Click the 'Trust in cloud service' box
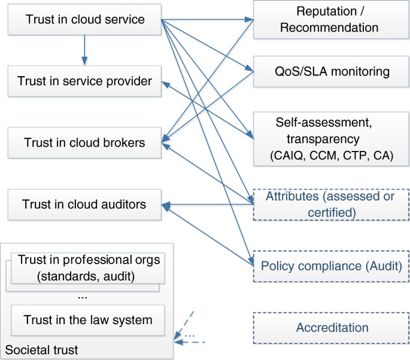point(84,19)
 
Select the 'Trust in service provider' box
point(84,81)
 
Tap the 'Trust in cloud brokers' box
point(84,143)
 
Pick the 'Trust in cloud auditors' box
point(84,205)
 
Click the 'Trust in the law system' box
point(87,320)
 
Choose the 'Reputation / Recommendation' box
point(331,20)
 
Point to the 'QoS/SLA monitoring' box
point(331,71)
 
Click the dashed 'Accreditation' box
point(331,328)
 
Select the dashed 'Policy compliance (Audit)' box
point(331,266)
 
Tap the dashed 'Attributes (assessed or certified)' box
point(331,204)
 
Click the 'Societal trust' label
point(41,350)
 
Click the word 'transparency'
point(323,139)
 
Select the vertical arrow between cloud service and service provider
point(84,50)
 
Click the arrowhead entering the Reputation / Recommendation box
point(249,19)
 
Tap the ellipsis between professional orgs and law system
point(83,298)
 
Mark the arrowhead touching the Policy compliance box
point(251,261)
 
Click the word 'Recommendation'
point(329,28)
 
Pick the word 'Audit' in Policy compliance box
point(384,266)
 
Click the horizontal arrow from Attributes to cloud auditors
point(207,205)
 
